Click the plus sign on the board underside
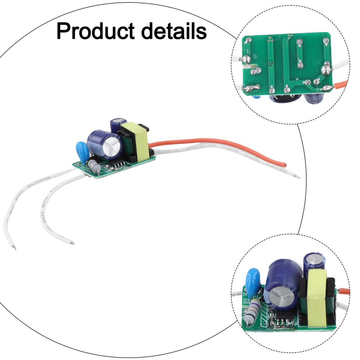(318, 89)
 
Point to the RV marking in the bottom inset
(245, 301)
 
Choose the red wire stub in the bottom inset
(344, 291)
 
